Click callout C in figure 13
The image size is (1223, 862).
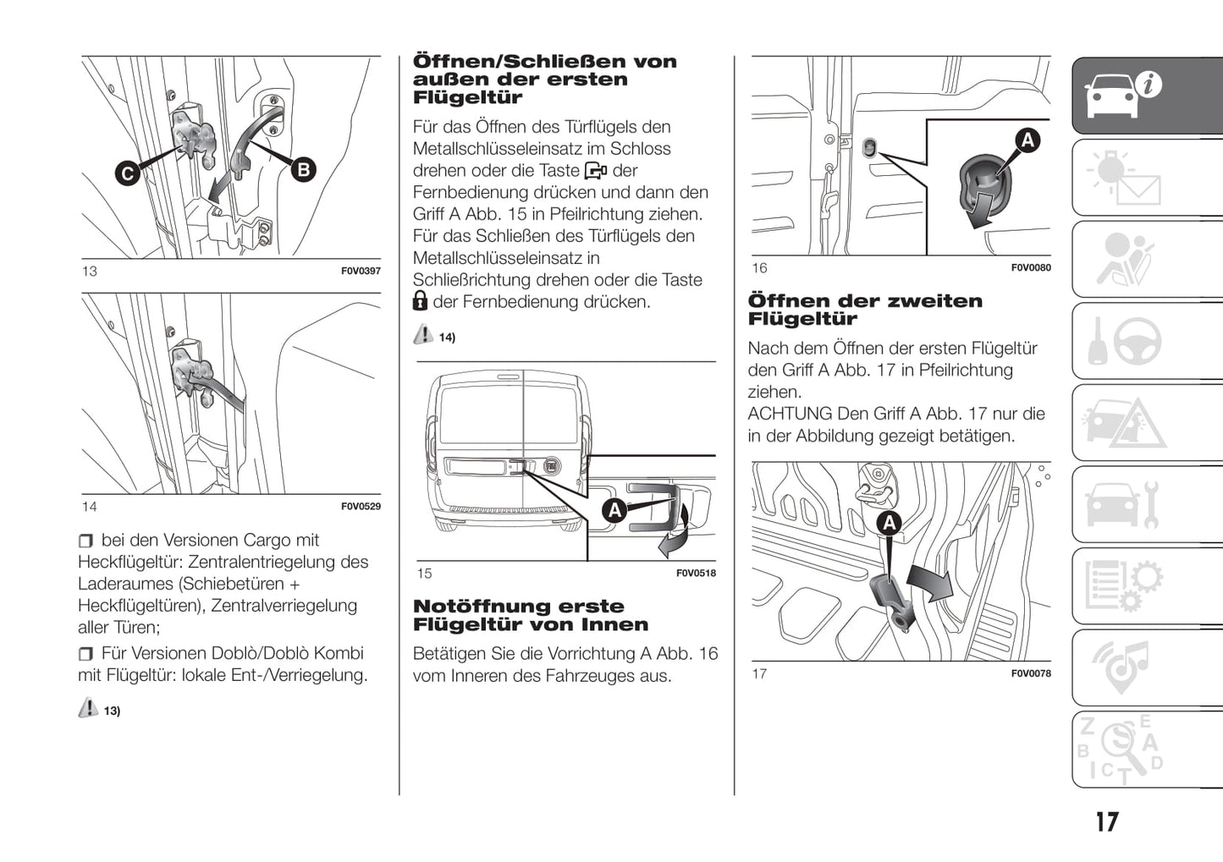pos(128,174)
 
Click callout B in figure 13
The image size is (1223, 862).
pos(302,169)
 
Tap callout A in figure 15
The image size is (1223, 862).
pos(614,510)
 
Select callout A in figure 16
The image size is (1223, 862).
pos(1027,140)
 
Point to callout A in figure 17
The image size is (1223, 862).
pos(889,524)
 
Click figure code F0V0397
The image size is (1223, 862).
pos(361,272)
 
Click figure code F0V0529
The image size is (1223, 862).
pos(361,507)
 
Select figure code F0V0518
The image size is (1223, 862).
pos(696,574)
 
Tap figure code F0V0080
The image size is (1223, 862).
pos(1031,268)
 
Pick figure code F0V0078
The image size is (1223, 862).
pos(1031,674)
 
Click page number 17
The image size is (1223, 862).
pos(1106,822)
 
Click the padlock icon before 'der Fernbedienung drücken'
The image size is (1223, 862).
pos(420,301)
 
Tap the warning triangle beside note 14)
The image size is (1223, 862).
pos(423,335)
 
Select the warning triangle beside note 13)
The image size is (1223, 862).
pos(88,708)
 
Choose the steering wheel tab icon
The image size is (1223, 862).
pos(1138,341)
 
